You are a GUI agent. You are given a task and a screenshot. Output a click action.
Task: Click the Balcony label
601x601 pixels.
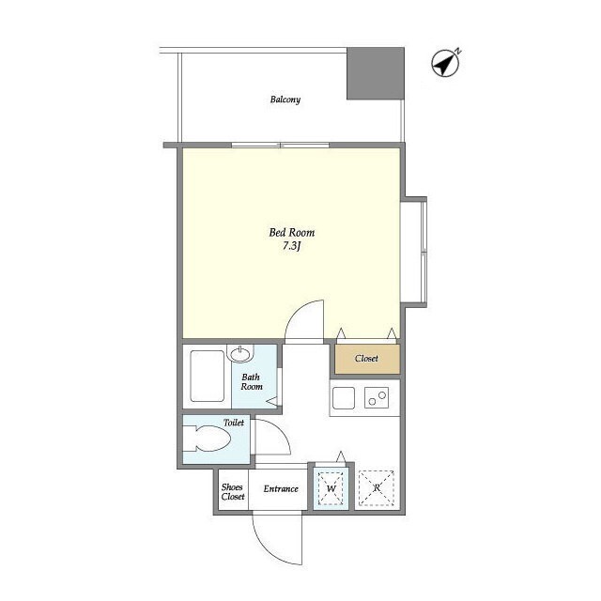(x=285, y=100)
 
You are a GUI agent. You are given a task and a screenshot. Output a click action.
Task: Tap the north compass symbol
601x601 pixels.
(x=445, y=63)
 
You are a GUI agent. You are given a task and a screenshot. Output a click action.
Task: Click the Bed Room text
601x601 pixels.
(x=292, y=232)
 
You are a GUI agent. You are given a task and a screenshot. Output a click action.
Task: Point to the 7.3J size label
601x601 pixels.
(x=291, y=246)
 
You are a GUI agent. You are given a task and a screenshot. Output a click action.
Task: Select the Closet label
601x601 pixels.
(x=366, y=359)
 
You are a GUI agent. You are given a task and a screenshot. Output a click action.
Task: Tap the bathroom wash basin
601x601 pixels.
(x=240, y=353)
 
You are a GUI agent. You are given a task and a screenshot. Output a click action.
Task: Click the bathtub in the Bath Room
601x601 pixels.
(x=207, y=376)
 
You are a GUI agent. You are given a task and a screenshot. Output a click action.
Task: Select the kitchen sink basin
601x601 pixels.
(x=344, y=398)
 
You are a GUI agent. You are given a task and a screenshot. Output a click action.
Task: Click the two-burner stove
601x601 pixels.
(x=377, y=397)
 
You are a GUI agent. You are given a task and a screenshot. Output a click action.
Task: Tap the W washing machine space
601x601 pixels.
(x=331, y=488)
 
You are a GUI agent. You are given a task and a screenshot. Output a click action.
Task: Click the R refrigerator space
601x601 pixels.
(x=377, y=487)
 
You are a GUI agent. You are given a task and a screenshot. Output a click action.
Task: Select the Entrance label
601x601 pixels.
(x=281, y=488)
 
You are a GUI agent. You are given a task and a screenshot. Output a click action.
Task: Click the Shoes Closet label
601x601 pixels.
(x=233, y=492)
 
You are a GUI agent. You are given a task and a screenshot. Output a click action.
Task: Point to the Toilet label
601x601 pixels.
(x=234, y=423)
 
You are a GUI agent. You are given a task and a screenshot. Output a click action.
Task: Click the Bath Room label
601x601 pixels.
(x=252, y=382)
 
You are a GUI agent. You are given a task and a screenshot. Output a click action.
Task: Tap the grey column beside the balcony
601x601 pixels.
(x=376, y=73)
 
